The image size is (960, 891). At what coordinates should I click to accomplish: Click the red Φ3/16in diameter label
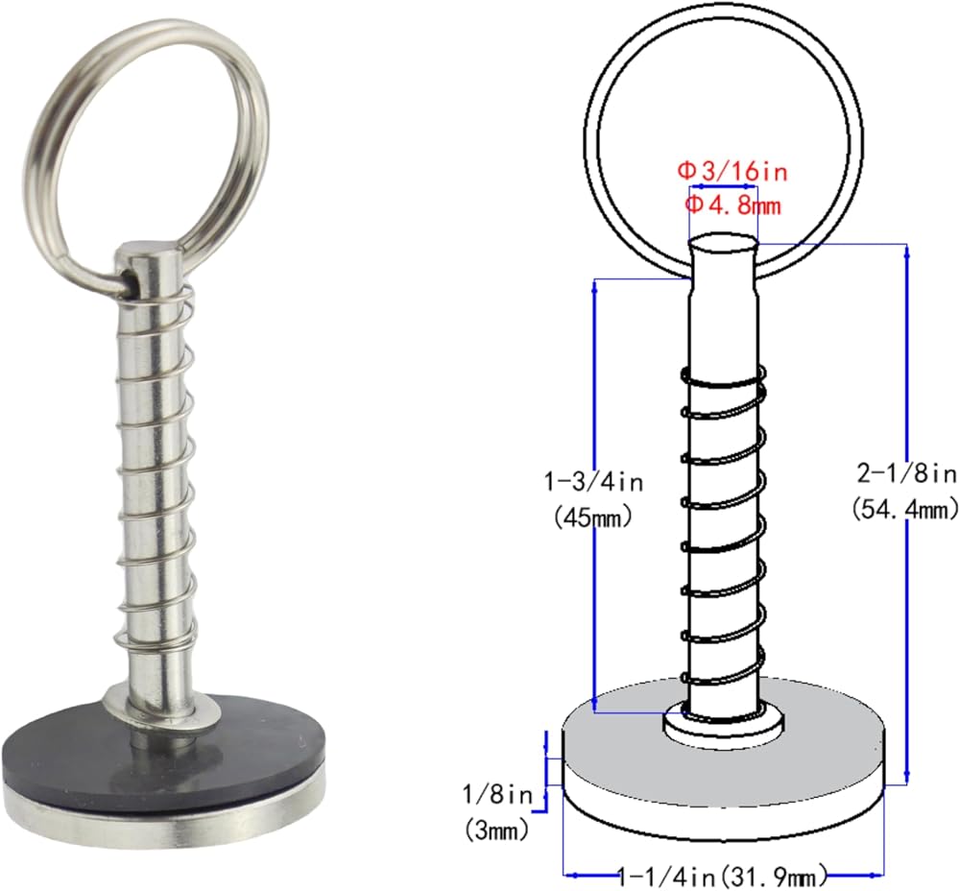pos(732,171)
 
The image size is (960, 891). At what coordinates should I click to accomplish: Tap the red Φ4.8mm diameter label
pos(732,205)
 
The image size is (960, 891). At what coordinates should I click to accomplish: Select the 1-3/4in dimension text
pos(594,483)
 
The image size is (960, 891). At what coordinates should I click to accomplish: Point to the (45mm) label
pos(592,518)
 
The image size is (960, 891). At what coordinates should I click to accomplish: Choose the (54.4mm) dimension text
pos(905,508)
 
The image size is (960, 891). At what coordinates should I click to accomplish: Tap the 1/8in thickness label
pos(497,795)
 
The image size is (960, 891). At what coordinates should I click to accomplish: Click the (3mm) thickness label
pos(496,831)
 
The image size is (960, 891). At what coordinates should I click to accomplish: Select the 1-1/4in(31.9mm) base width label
pos(723,877)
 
